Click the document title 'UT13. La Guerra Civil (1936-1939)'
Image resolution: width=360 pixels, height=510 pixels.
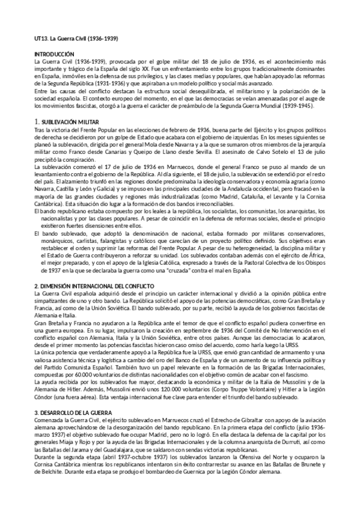point(76,38)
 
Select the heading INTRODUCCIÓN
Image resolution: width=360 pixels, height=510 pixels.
point(54,55)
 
